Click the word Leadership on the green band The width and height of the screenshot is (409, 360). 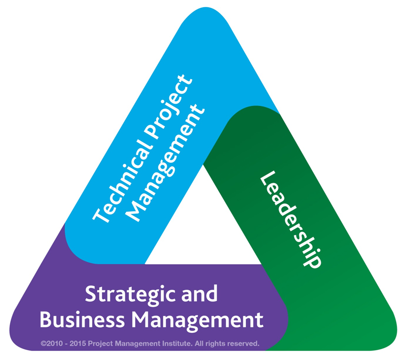(x=291, y=219)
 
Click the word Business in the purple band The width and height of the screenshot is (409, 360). (x=82, y=320)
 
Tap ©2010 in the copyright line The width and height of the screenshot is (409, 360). (x=52, y=343)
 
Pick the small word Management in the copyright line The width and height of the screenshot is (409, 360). (x=138, y=344)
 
